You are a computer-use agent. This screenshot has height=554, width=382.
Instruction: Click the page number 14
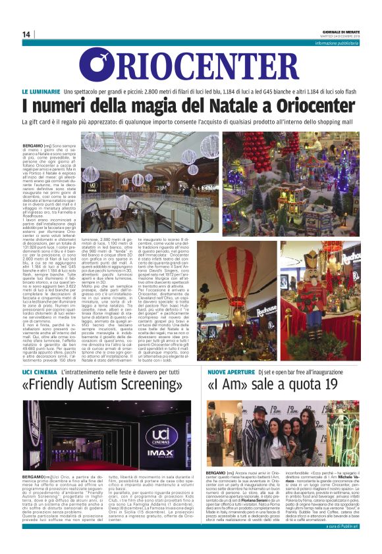click(x=26, y=34)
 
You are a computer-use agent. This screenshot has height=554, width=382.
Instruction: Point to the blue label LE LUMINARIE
click(x=60, y=90)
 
